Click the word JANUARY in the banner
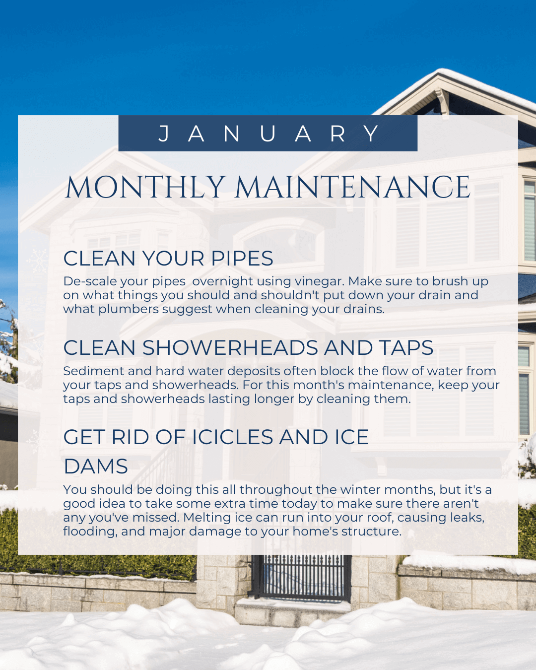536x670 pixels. pos(268,134)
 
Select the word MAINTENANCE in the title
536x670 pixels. pos(352,188)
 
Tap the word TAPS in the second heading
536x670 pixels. pos(406,348)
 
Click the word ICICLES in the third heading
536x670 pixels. pos(232,437)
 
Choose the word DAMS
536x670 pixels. pos(96,467)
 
